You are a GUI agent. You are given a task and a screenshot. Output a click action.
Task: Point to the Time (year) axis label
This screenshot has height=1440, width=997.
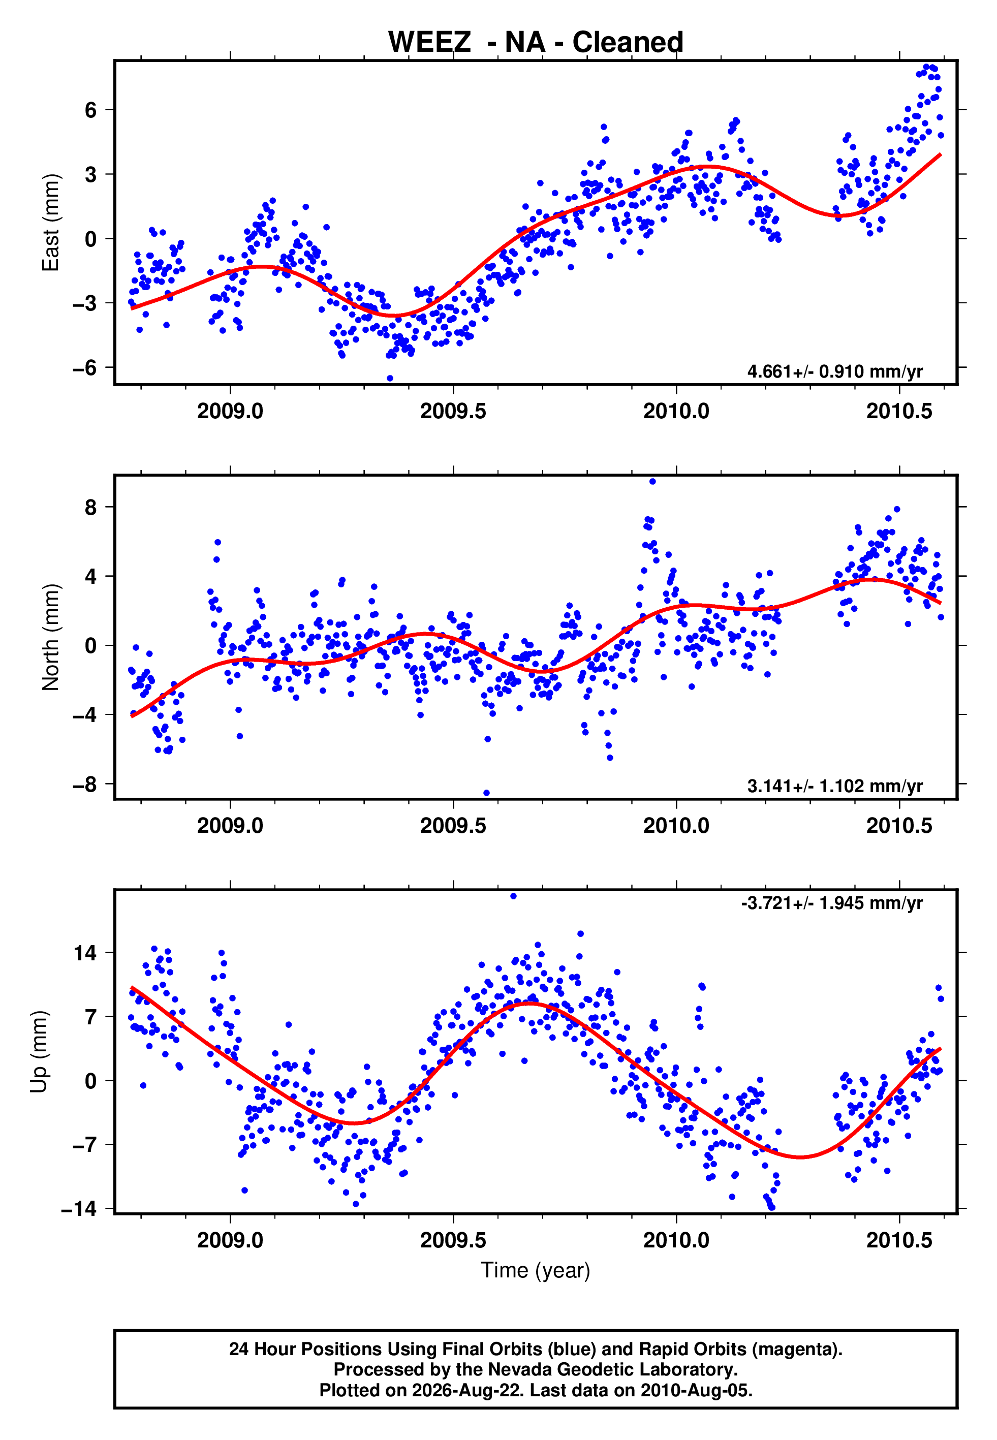[536, 1270]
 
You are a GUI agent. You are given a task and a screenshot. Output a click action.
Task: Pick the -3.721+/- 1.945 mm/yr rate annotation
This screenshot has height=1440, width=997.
[831, 903]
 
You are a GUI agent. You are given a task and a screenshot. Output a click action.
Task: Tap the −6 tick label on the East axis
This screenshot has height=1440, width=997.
[84, 367]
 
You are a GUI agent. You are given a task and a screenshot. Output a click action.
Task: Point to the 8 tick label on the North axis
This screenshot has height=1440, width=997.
[91, 507]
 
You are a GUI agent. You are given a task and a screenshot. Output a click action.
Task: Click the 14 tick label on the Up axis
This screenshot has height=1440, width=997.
[85, 953]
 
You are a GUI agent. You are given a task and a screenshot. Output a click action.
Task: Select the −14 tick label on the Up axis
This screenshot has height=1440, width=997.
[79, 1208]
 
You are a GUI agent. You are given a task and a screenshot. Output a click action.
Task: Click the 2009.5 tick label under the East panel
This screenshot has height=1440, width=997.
[453, 411]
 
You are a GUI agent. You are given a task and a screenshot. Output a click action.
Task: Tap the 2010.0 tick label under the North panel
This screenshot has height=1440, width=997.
[676, 826]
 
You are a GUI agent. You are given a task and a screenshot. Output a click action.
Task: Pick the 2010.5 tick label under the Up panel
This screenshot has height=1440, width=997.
[899, 1240]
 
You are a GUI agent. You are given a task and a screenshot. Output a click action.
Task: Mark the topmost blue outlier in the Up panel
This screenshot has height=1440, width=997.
[514, 896]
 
